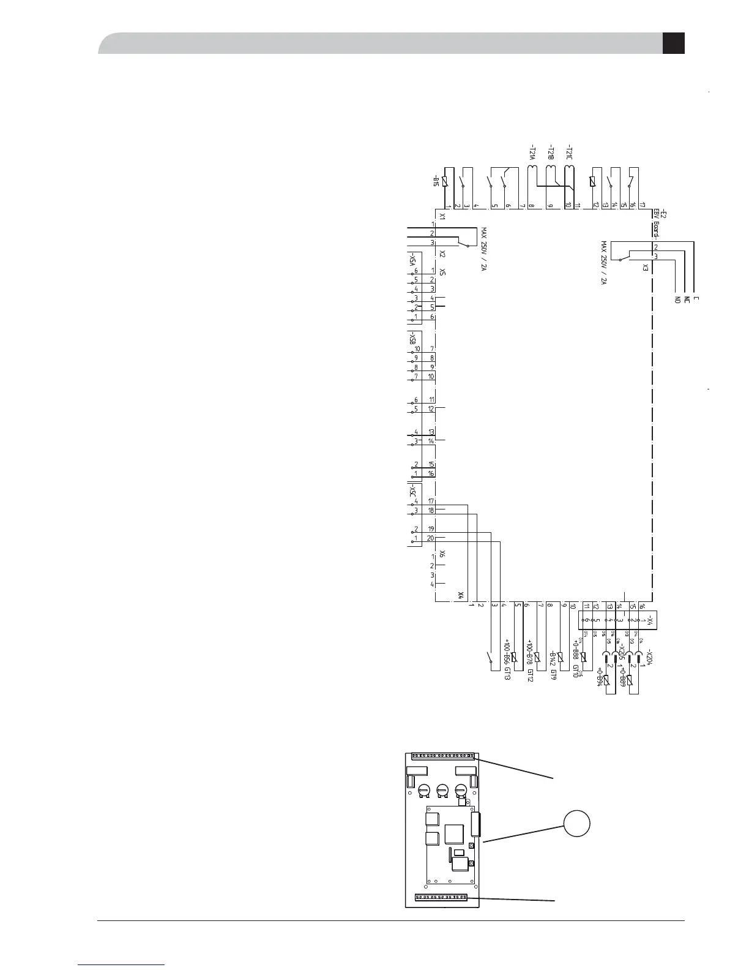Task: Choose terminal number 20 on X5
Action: click(x=431, y=538)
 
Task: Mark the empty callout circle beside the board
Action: click(x=576, y=824)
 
